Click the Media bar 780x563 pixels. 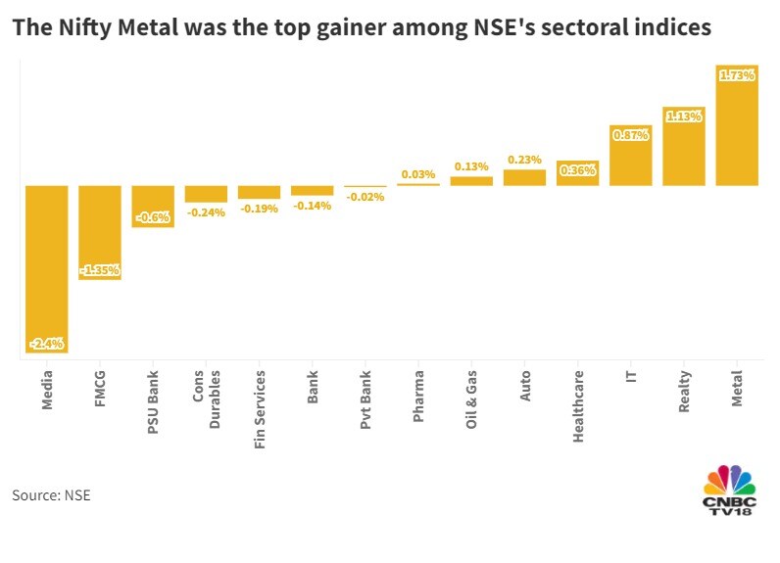click(45, 268)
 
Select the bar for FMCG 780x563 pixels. click(99, 232)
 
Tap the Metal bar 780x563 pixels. click(736, 124)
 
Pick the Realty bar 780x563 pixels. click(683, 146)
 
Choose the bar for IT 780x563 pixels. click(630, 156)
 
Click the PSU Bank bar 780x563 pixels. click(152, 206)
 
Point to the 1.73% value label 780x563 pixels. click(736, 74)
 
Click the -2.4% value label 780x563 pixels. click(46, 344)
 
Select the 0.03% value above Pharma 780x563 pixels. click(418, 174)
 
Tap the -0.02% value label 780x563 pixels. click(365, 197)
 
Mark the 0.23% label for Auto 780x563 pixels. click(524, 160)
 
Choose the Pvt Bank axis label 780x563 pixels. click(366, 395)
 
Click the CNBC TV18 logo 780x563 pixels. click(730, 491)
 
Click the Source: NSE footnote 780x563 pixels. click(51, 495)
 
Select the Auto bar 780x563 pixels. click(524, 177)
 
